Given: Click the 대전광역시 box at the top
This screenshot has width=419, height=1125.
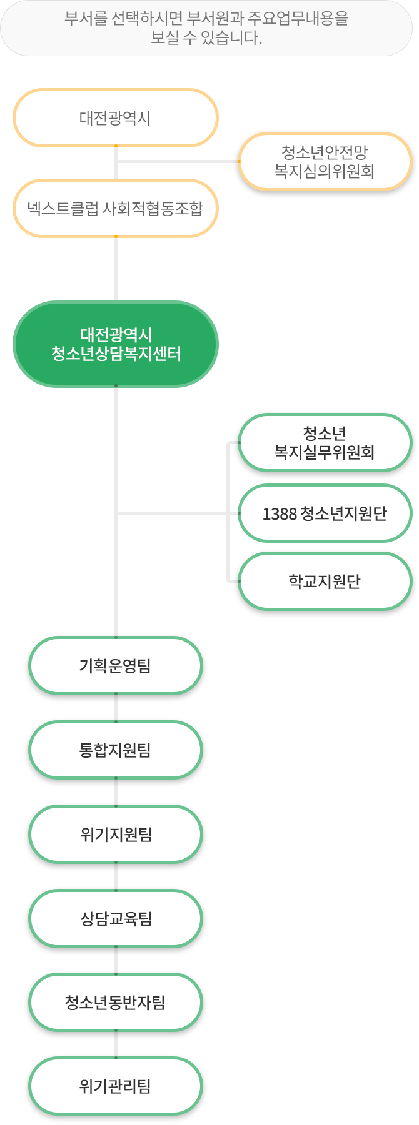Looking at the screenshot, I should click(116, 118).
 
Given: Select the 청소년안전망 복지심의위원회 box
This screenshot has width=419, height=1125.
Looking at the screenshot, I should click(325, 161).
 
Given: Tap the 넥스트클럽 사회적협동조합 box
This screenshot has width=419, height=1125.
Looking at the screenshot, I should click(116, 209).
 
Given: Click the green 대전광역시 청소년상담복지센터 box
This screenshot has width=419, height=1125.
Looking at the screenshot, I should click(116, 344).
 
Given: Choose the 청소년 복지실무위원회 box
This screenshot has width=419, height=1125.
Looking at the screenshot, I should click(325, 443).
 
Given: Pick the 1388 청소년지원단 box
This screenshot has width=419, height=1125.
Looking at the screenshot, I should click(325, 513).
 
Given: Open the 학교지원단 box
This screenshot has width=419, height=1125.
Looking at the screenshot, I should click(325, 582).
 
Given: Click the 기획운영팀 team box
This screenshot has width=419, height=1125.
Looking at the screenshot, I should click(116, 666).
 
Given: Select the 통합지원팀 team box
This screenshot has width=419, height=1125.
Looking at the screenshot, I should click(116, 750).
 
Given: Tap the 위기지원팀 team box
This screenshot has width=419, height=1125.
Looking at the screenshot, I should click(116, 835).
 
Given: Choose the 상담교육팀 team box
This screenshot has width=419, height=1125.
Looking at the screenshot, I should click(116, 919).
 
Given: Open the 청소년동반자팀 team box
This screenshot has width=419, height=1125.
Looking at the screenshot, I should click(116, 1003).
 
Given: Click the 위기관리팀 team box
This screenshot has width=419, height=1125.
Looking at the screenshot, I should click(116, 1087).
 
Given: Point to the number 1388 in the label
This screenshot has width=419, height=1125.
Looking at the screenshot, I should click(279, 514).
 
